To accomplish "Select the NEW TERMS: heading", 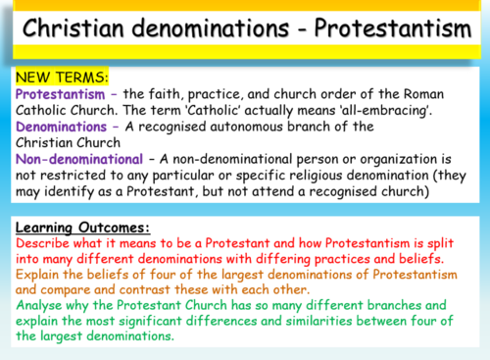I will (x=60, y=76).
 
